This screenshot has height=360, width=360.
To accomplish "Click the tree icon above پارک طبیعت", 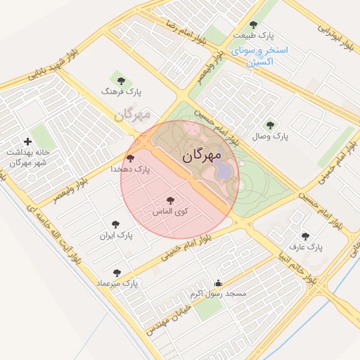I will [253, 25].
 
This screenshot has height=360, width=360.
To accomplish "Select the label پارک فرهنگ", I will [115, 91].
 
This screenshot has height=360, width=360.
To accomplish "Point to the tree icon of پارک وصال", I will [270, 124].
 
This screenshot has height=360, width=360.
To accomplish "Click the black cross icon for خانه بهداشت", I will [28, 142].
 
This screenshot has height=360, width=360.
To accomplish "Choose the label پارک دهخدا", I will [131, 169].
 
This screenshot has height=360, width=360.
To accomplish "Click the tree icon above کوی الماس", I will [169, 201].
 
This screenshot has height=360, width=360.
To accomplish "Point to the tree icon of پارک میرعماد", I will [117, 273].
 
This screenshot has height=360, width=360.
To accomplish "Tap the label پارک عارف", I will [306, 247].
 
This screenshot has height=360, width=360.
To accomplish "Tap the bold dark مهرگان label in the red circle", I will [202, 155].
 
